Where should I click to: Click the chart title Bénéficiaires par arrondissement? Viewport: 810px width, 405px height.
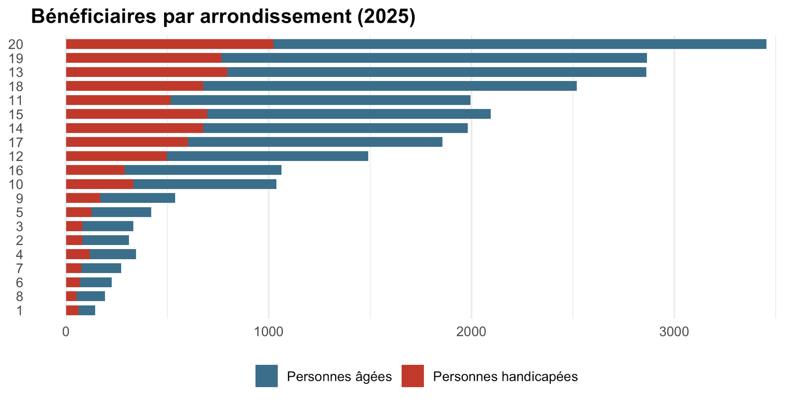click(191, 17)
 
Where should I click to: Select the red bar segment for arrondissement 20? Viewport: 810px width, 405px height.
click(170, 44)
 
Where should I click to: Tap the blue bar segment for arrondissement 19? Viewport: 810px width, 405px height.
click(434, 58)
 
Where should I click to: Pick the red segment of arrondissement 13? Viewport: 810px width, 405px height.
click(146, 72)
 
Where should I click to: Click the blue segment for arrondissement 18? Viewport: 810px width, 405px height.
click(390, 86)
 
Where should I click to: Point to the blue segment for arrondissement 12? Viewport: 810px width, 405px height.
click(267, 156)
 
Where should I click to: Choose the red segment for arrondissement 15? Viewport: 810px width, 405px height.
click(137, 114)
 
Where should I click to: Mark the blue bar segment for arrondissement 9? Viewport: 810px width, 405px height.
click(137, 198)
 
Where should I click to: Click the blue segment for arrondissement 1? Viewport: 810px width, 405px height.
click(87, 310)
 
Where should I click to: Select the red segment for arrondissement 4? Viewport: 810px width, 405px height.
click(78, 254)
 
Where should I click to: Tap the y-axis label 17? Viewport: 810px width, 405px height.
click(16, 142)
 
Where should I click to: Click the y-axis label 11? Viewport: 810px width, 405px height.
click(16, 101)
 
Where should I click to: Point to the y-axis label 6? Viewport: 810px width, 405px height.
click(20, 282)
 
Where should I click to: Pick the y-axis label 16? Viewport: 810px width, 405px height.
click(16, 170)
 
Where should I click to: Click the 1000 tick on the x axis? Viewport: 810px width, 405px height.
click(268, 332)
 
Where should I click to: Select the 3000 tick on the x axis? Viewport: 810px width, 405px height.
click(674, 332)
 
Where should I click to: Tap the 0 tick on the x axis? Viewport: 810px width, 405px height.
click(66, 332)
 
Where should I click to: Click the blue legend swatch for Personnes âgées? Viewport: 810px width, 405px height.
click(266, 376)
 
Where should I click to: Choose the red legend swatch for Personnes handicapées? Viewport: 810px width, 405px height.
click(413, 376)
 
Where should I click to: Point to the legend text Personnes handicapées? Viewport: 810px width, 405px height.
click(506, 377)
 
